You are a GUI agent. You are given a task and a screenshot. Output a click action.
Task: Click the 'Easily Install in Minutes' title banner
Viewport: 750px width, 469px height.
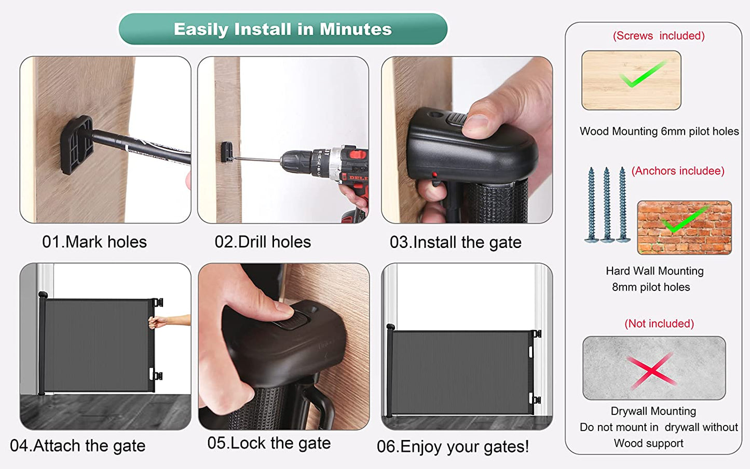[283, 29]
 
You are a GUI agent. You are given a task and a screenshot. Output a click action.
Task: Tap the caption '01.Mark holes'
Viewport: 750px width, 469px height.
[94, 242]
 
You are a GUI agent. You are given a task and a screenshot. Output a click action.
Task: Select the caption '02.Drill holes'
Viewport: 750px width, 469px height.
[263, 242]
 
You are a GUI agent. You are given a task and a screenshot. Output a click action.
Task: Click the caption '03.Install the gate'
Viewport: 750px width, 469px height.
[455, 242]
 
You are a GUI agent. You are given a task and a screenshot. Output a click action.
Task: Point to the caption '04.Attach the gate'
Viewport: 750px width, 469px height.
[78, 446]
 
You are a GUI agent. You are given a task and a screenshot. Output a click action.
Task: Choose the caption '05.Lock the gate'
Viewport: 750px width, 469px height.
[269, 443]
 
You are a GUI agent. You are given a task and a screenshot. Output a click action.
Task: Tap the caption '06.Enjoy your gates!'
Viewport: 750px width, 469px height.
[453, 447]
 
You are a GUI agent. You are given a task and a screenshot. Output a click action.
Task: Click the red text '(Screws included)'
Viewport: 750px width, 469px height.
[659, 36]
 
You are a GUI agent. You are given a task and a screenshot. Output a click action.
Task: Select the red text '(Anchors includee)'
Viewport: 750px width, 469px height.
[678, 171]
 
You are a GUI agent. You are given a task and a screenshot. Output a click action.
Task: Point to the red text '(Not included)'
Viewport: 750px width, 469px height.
[659, 324]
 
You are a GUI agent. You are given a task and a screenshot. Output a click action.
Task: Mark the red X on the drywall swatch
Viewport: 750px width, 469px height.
[651, 370]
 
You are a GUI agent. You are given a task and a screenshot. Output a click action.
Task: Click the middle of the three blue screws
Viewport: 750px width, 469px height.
[607, 205]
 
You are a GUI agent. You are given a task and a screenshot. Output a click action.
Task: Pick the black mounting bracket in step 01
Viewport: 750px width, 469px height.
[77, 145]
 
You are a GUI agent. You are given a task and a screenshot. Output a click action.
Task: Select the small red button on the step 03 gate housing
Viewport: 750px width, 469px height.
[434, 175]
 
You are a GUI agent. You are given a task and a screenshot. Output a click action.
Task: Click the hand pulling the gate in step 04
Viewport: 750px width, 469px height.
[158, 322]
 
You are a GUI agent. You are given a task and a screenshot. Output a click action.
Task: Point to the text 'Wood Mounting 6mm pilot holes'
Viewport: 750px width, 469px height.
[659, 131]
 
